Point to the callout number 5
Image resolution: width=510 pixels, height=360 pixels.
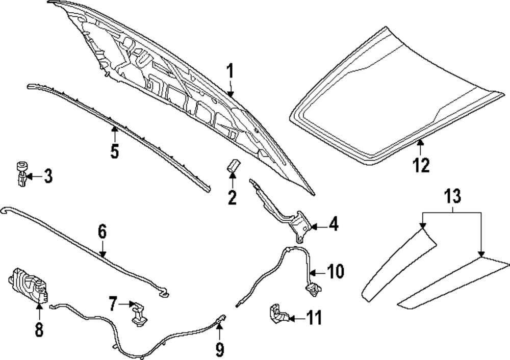(115, 151)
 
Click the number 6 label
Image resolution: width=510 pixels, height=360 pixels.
(102, 233)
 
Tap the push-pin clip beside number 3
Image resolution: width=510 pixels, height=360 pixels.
(20, 173)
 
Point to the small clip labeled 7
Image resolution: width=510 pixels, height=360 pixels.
(138, 312)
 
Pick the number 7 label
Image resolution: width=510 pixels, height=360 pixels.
(113, 304)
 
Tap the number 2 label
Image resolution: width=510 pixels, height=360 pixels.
(233, 197)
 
